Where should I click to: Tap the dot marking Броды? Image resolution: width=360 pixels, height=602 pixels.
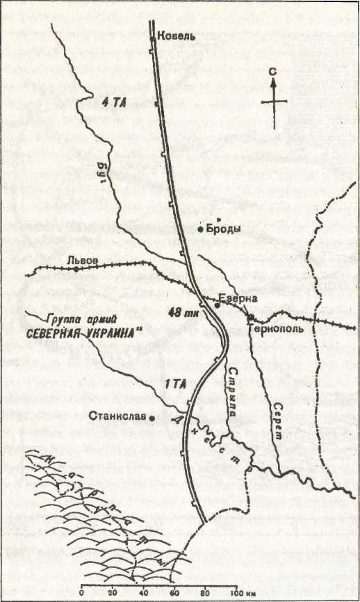pyautogui.click(x=200, y=229)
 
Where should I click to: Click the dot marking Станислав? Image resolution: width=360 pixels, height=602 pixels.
pyautogui.click(x=153, y=418)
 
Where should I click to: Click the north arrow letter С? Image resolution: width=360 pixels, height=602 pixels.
pyautogui.click(x=276, y=70)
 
